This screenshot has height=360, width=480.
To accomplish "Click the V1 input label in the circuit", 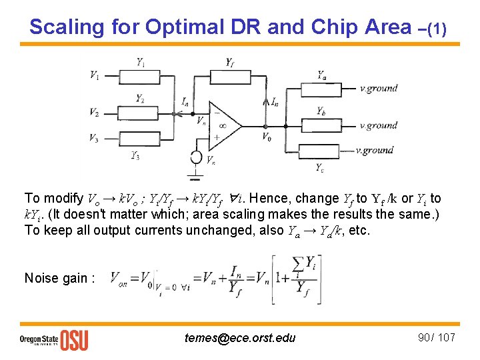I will (95, 75).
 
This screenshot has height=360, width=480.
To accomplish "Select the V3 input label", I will (95, 138).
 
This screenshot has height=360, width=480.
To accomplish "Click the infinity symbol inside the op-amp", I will (221, 125).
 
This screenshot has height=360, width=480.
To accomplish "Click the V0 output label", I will (267, 137).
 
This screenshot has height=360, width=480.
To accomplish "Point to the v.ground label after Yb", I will (378, 125).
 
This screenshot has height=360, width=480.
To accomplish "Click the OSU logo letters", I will (74, 340).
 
